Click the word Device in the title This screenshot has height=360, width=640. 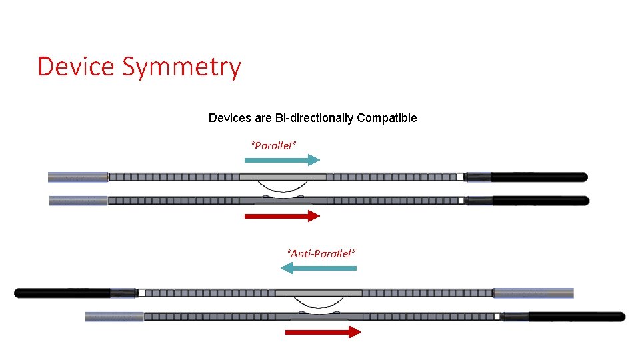[x=75, y=67]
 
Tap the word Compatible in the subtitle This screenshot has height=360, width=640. [x=387, y=118]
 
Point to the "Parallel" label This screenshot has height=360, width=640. [x=273, y=145]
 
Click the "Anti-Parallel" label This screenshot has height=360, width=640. [x=321, y=253]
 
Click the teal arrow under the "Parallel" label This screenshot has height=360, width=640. [x=282, y=160]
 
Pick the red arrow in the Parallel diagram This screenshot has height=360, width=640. [x=282, y=215]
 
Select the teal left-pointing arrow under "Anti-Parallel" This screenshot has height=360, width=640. [x=319, y=268]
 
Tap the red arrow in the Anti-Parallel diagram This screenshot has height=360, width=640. [x=323, y=332]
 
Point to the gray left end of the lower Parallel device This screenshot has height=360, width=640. [x=79, y=201]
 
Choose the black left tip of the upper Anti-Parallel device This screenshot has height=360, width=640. [x=63, y=293]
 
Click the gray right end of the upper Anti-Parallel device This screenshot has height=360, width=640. [x=533, y=293]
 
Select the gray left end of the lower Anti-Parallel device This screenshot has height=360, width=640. [x=115, y=317]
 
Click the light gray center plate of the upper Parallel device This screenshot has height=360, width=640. [x=283, y=177]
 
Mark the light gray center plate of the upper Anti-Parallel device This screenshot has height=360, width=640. [x=319, y=293]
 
